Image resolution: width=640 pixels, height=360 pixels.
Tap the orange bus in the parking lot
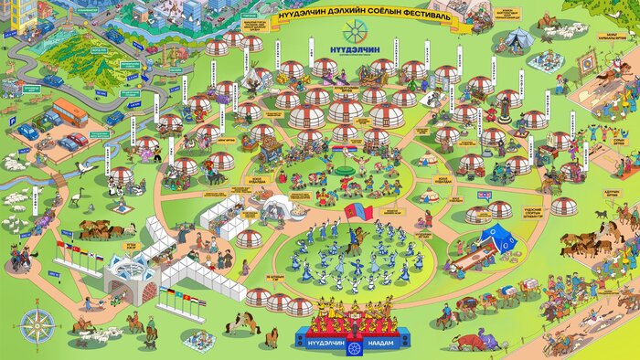point(69,113)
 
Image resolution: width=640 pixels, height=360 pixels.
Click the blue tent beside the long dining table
point(500,238)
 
